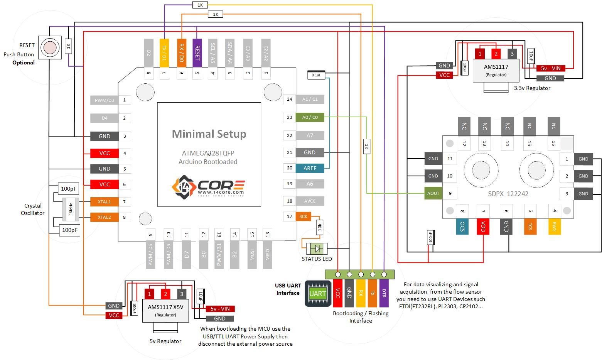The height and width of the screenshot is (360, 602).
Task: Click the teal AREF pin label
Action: (310, 168)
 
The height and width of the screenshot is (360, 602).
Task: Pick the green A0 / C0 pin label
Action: (310, 117)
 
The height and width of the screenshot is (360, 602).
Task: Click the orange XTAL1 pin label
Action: (104, 202)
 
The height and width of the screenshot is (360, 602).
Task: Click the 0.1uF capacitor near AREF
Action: (316, 75)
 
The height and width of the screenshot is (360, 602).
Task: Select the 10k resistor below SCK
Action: (319, 227)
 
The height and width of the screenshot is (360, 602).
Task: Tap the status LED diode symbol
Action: (317, 248)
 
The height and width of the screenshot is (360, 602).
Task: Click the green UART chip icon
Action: (318, 294)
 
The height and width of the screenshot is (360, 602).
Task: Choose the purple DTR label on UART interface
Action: (384, 293)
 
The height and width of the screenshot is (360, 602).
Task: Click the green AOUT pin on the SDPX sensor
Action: (433, 193)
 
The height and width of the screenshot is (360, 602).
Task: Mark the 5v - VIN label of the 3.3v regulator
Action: (550, 68)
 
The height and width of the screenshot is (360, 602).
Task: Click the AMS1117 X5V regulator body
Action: (165, 311)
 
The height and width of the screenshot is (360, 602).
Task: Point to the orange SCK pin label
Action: (303, 216)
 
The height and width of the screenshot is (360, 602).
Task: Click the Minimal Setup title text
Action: (209, 134)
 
